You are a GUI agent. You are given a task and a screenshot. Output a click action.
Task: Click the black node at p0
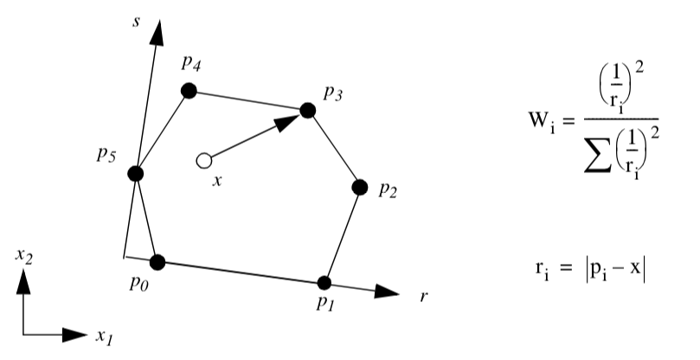click(157, 261)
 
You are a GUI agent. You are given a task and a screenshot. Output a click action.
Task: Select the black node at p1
click(325, 283)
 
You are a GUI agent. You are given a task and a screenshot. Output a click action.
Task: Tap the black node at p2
click(360, 186)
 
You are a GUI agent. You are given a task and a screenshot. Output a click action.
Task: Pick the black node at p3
click(307, 111)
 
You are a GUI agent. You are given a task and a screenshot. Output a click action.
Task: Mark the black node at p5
click(135, 174)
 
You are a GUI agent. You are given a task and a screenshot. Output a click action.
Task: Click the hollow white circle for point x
click(204, 160)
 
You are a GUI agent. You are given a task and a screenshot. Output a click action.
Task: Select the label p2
click(389, 190)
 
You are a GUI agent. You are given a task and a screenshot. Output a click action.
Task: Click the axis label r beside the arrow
click(423, 296)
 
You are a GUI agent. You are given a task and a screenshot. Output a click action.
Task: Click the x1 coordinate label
click(105, 337)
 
